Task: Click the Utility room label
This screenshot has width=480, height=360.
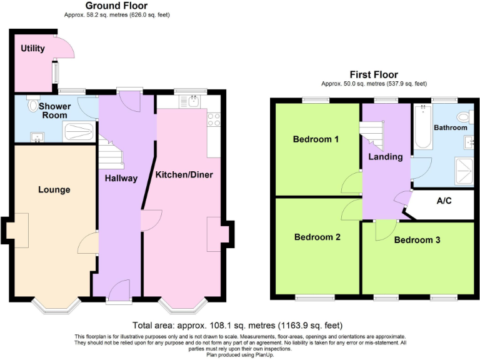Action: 32,48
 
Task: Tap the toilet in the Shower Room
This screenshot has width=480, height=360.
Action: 32,106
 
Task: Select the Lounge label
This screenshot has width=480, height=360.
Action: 54,189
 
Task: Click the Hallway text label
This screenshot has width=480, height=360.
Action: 120,178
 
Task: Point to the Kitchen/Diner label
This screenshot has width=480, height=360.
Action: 184,174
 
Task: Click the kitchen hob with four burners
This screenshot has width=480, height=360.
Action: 213,119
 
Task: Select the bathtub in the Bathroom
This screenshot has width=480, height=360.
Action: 424,127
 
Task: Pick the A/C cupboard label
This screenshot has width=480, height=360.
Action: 444,202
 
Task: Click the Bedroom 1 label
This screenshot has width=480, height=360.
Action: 316,139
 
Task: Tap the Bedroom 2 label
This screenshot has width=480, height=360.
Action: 317,237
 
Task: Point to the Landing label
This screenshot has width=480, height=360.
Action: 385,156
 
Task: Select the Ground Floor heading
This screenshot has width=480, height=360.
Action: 116,6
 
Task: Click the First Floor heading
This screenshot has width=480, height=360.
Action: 374,74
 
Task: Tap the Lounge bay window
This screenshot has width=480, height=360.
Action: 56,306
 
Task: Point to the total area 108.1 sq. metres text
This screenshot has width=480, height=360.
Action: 237,325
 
